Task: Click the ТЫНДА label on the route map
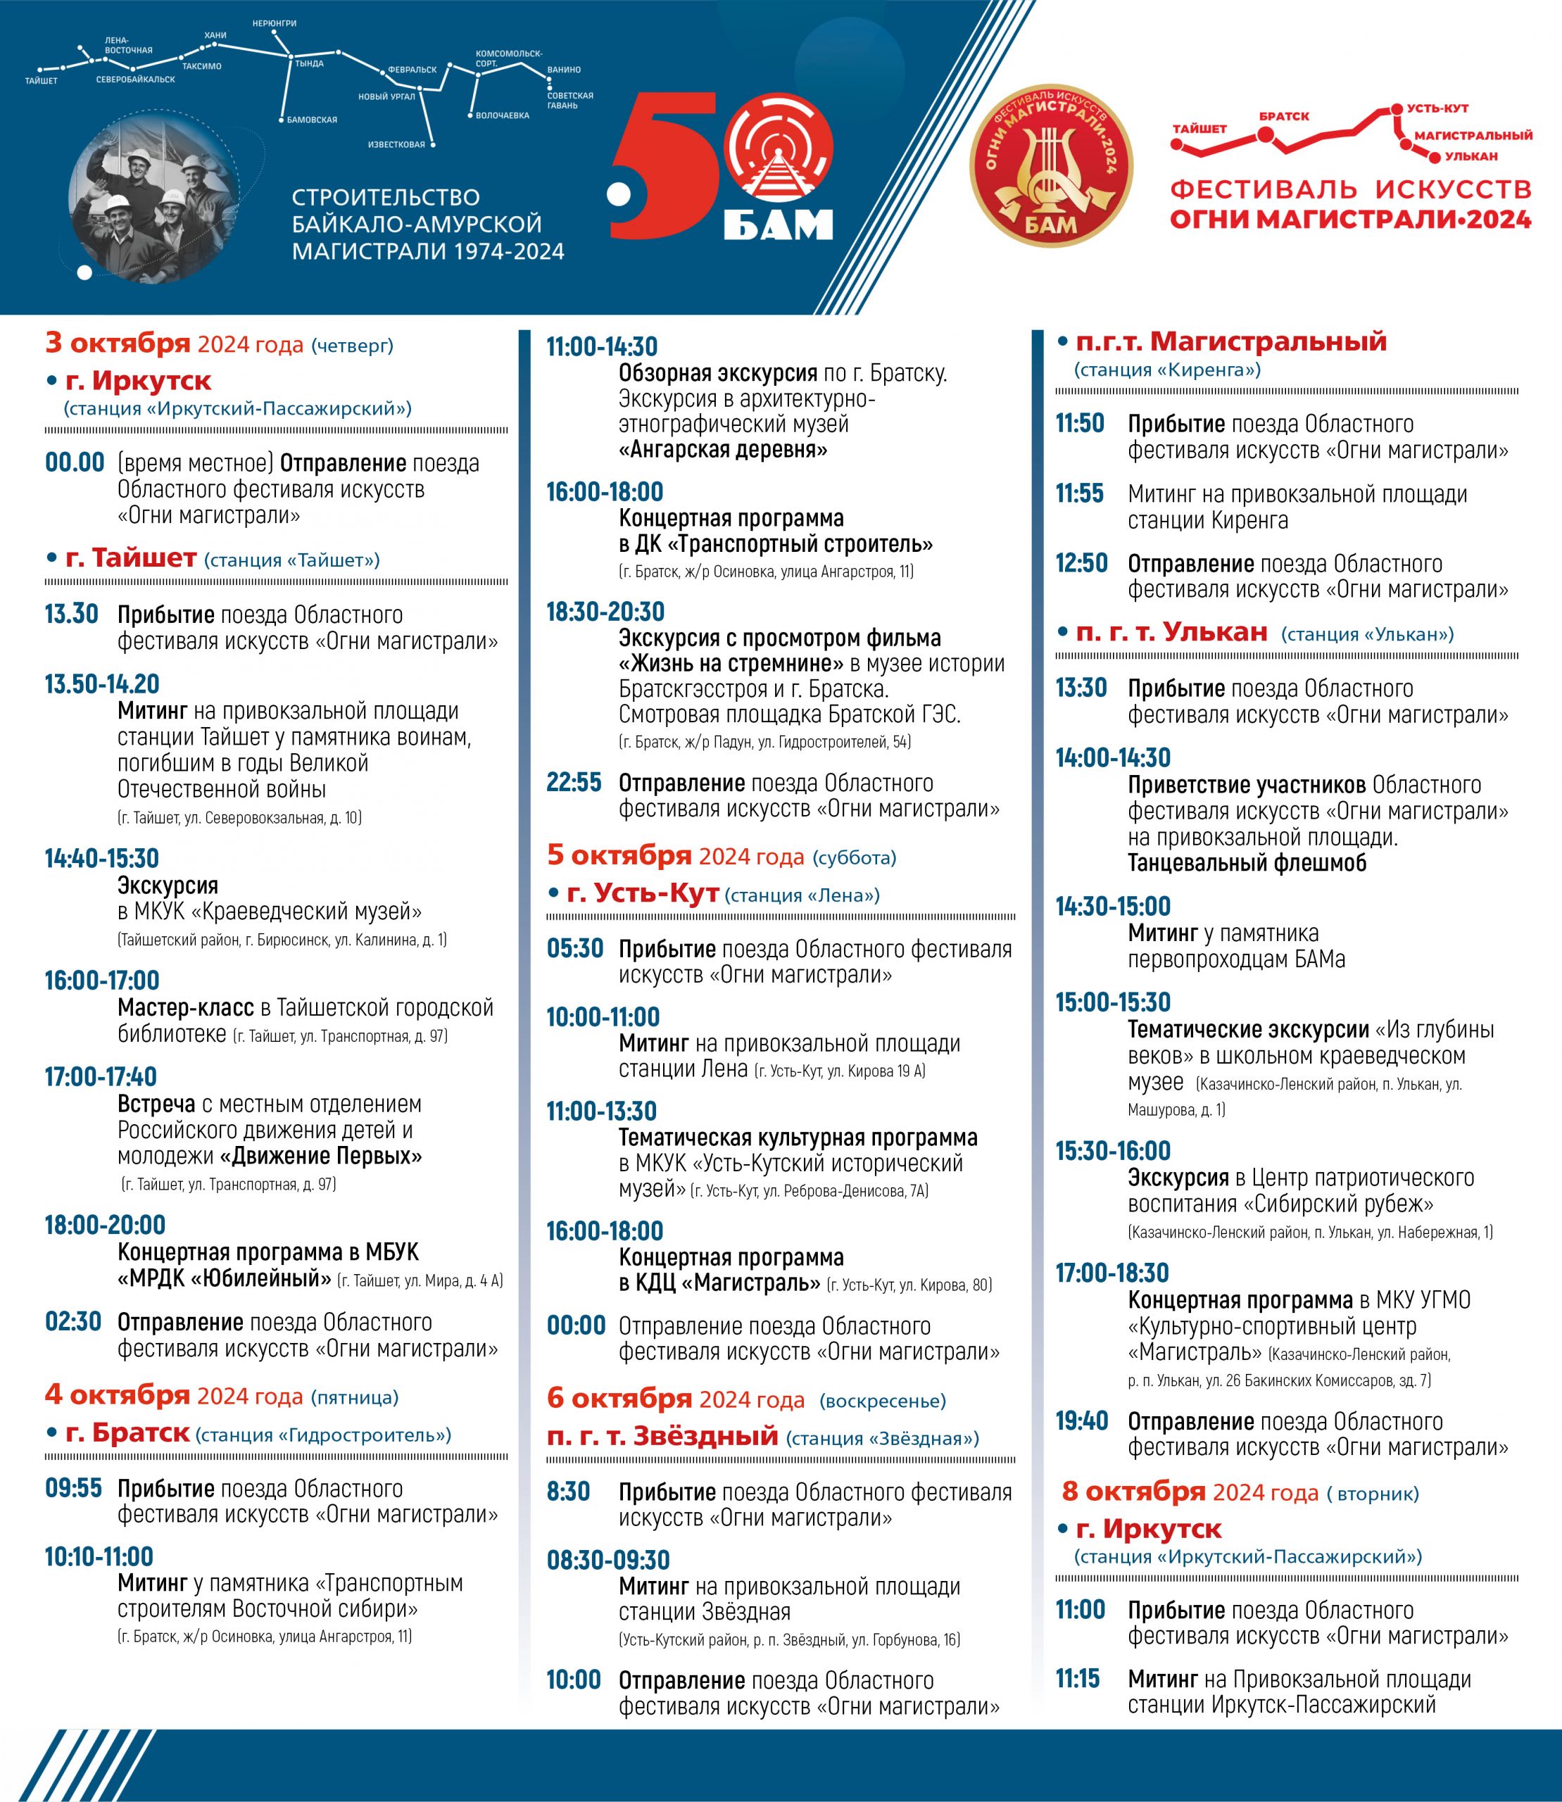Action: pos(310,63)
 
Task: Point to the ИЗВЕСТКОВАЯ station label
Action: pos(396,145)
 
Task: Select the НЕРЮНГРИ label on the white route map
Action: pos(274,23)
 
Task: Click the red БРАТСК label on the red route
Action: pos(1283,116)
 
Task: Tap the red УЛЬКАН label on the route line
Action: pos(1470,156)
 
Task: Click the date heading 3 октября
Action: pos(118,344)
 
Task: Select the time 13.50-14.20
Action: pos(102,684)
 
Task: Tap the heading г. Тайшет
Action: pos(131,558)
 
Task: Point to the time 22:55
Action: pos(574,782)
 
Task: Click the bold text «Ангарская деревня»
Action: pos(723,450)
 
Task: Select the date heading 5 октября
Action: pos(619,855)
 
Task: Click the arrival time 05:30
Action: pos(574,947)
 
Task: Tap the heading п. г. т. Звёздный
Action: pos(662,1436)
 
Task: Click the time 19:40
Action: pos(1081,1421)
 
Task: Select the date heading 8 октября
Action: pos(1133,1492)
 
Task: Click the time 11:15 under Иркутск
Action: pos(1078,1678)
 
